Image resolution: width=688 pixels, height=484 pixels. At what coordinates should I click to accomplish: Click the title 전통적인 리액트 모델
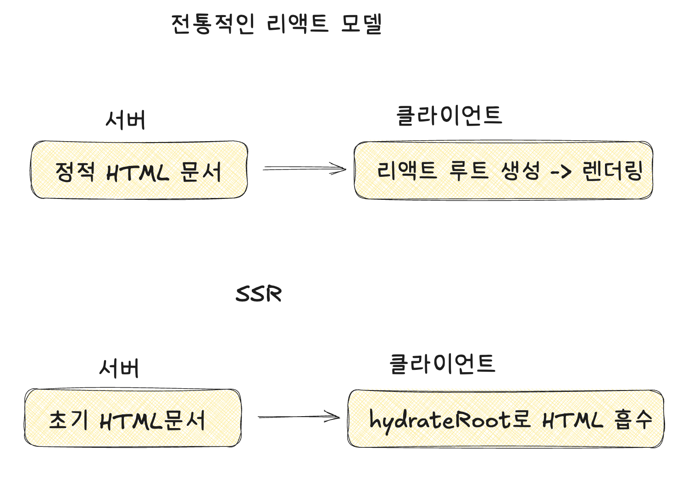(x=277, y=24)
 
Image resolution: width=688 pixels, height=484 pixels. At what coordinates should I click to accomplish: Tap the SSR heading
(x=259, y=294)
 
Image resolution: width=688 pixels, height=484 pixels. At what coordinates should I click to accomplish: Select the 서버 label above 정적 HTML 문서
(x=126, y=120)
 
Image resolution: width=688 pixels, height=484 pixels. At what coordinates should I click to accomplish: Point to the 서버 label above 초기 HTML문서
(x=119, y=368)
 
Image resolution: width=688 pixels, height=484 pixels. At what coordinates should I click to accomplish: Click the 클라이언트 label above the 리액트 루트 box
(x=449, y=115)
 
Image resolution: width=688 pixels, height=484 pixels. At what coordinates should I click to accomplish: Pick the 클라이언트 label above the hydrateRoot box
(x=442, y=364)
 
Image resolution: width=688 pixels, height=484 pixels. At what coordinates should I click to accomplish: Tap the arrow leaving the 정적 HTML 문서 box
(x=304, y=169)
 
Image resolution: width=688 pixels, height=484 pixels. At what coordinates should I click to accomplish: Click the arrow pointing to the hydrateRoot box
(x=299, y=417)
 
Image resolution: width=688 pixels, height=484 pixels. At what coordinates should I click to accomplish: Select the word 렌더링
(x=612, y=171)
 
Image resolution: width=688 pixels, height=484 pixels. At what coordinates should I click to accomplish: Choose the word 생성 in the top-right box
(x=521, y=171)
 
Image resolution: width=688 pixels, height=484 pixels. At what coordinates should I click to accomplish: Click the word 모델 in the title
(x=361, y=24)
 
